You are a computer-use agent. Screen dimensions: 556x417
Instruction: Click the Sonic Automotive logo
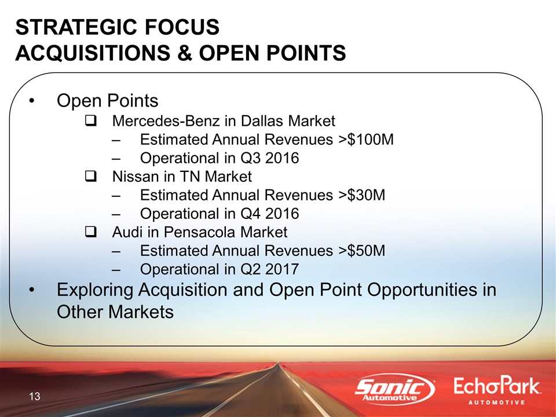pos(395,389)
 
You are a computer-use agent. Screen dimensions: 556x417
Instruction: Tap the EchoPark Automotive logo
pos(497,391)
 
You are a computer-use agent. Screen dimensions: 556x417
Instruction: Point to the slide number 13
pos(35,396)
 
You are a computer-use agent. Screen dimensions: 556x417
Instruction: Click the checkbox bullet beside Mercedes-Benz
pos(91,121)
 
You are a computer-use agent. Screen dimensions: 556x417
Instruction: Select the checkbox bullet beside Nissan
pos(91,177)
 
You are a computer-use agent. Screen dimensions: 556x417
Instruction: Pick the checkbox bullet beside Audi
pos(91,232)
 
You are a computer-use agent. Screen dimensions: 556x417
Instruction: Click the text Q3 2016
pos(270,158)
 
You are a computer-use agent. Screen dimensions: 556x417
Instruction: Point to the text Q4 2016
pos(270,214)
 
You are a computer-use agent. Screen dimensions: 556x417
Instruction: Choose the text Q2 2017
pos(270,269)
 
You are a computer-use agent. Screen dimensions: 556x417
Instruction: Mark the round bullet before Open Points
pos(31,101)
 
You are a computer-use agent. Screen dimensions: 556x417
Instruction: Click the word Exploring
pos(95,290)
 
